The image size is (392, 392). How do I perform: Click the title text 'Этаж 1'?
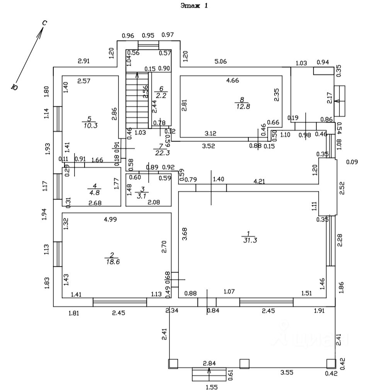[x=194, y=6]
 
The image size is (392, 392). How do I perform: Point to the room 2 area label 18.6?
[x=112, y=262]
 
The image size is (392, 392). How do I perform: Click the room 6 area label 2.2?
[x=160, y=95]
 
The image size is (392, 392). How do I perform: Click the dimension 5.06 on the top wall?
[x=221, y=61]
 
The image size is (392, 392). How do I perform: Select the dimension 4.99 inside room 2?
[x=111, y=220]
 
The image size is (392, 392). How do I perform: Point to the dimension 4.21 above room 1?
[x=259, y=181]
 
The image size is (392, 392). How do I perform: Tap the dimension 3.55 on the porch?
[x=287, y=372]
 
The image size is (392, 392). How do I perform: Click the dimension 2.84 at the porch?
[x=209, y=363]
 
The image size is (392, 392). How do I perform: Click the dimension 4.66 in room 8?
[x=232, y=80]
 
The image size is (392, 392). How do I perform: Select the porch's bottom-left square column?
[x=173, y=363]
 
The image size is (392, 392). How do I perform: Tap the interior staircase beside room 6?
[x=137, y=101]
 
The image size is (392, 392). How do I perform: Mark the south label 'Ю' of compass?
[x=15, y=87]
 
